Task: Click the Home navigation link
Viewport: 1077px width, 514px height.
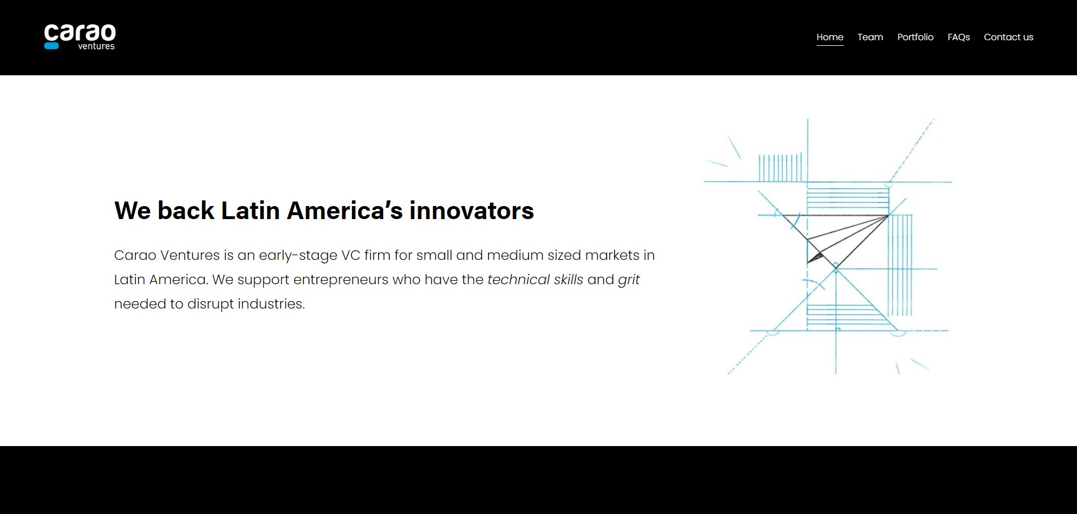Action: point(830,37)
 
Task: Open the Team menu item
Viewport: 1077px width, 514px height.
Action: point(870,37)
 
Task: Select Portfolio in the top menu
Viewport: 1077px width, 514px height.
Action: point(915,37)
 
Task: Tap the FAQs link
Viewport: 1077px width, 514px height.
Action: point(959,37)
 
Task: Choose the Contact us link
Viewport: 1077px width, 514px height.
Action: point(1009,37)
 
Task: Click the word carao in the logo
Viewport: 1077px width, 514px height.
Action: point(80,32)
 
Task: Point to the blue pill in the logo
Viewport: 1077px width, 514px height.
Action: point(52,46)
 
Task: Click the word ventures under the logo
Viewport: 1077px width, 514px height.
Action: point(96,46)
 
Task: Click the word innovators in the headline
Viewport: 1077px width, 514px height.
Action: point(471,211)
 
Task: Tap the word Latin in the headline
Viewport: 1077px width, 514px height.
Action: point(250,211)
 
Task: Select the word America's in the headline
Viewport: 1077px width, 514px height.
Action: point(345,211)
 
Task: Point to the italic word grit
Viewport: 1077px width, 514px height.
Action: point(629,280)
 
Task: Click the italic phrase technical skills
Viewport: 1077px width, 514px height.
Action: point(535,280)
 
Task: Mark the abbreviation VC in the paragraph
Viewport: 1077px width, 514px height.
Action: point(351,255)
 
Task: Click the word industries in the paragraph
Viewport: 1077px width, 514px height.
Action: point(271,304)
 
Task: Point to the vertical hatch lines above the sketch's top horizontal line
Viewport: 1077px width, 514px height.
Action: point(780,168)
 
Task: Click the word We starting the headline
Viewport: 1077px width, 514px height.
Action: point(132,211)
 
